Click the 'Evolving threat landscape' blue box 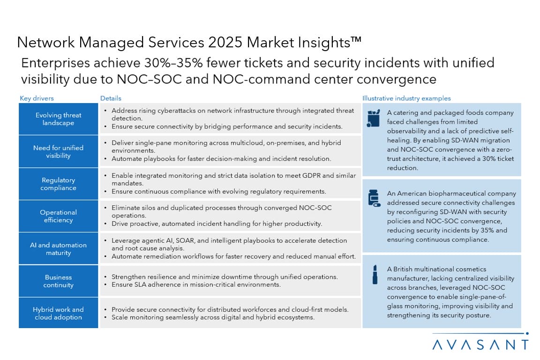[x=58, y=119]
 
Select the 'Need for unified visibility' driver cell [x=58, y=151]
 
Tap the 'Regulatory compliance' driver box [x=58, y=184]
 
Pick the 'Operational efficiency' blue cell [x=58, y=216]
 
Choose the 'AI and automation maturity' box [x=58, y=248]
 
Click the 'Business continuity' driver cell [x=58, y=281]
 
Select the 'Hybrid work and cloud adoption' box [x=58, y=313]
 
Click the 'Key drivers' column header [x=37, y=98]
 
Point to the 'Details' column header [x=111, y=98]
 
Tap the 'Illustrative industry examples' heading [x=406, y=98]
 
